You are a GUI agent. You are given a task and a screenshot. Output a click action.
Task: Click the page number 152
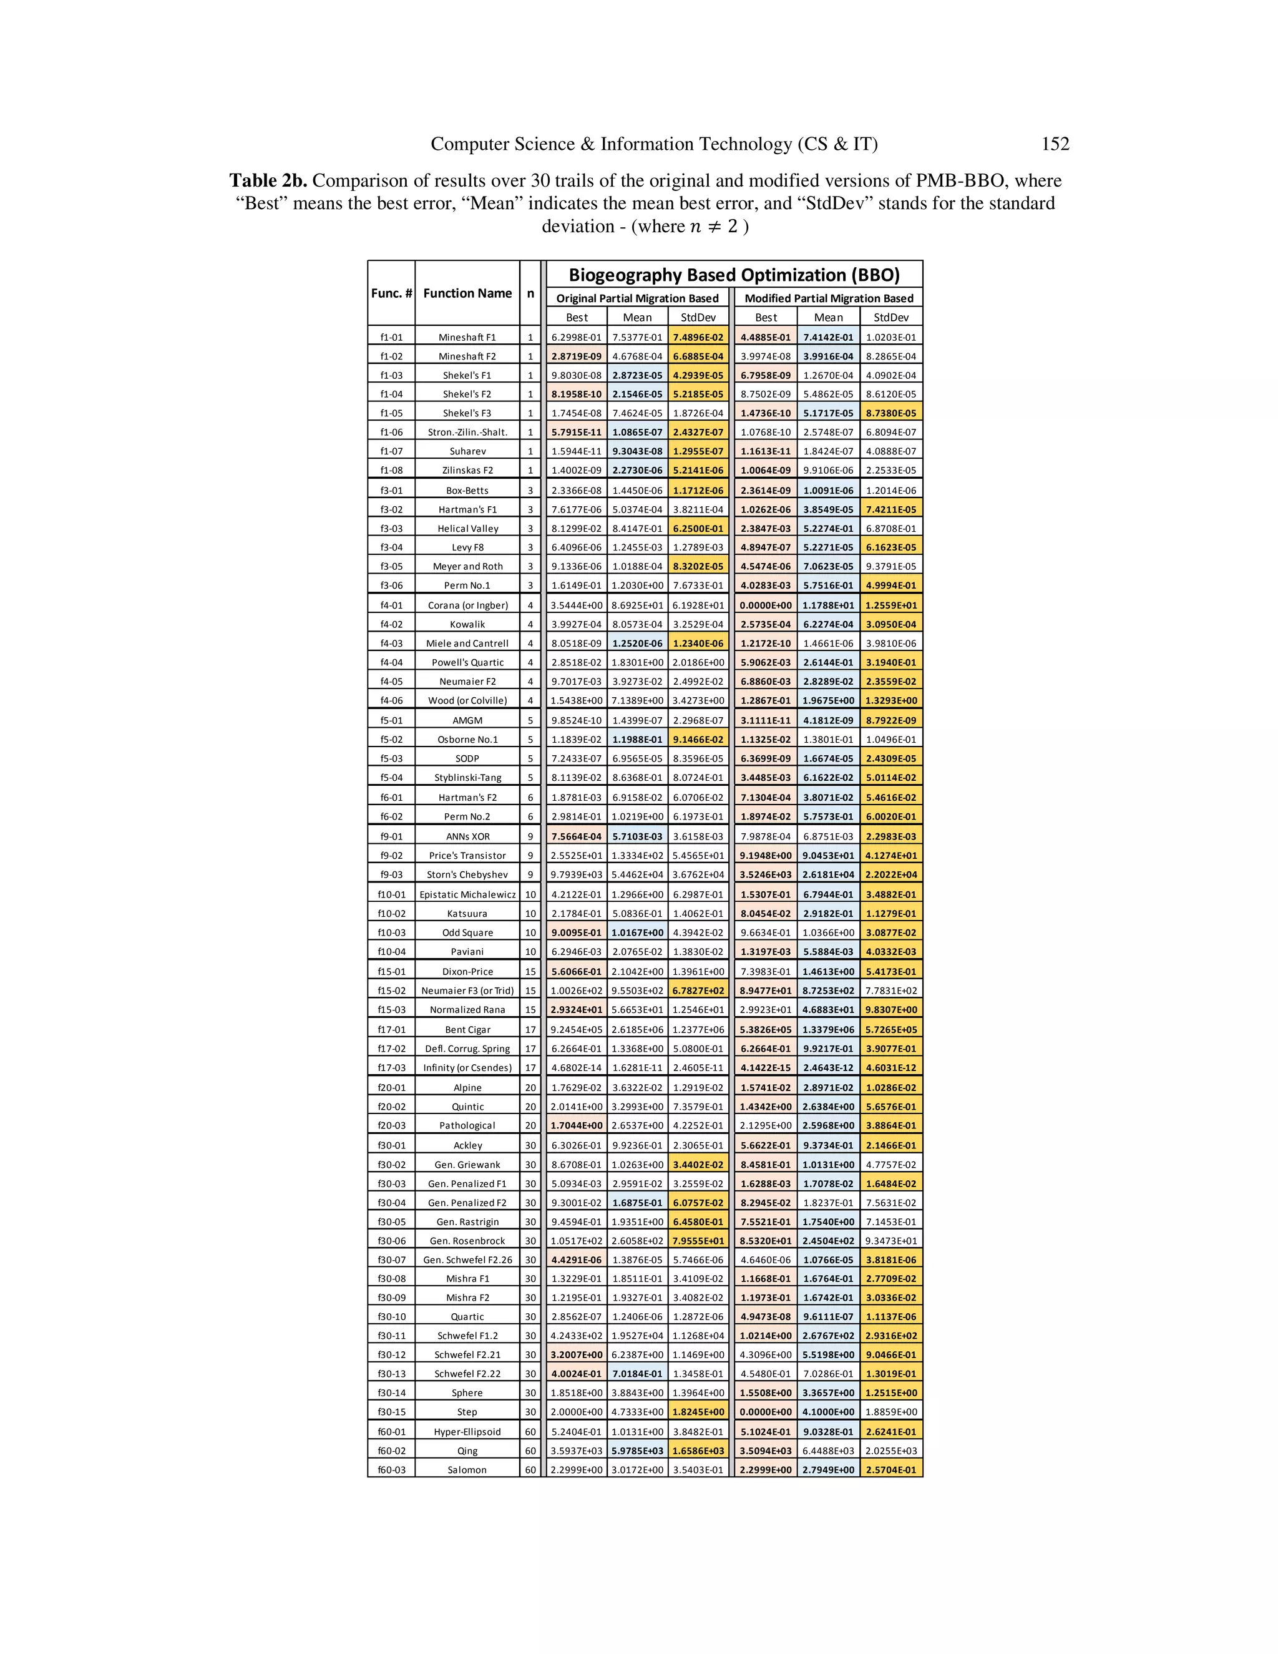(x=1055, y=144)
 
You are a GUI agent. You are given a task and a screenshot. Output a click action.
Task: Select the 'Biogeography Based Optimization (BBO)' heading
(x=734, y=274)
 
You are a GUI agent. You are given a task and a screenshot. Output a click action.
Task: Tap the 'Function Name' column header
(x=467, y=293)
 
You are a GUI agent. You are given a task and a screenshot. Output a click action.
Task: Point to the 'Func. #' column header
(x=391, y=293)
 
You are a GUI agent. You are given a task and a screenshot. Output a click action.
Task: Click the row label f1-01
(x=391, y=338)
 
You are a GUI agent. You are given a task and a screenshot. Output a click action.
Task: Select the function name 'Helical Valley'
(x=467, y=529)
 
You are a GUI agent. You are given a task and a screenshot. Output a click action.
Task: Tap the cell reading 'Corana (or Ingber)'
(x=467, y=605)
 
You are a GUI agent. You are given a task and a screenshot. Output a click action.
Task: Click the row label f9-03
(x=391, y=874)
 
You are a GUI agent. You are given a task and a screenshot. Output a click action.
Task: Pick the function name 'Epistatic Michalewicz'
(x=467, y=894)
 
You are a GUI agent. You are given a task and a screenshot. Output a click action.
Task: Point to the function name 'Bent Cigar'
(x=467, y=1029)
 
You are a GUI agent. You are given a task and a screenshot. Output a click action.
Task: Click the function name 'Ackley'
(x=467, y=1145)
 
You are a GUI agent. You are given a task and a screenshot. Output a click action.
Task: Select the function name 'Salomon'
(x=467, y=1470)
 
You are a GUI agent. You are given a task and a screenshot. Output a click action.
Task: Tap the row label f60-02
(x=391, y=1451)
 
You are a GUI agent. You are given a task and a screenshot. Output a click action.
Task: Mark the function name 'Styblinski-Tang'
(x=467, y=778)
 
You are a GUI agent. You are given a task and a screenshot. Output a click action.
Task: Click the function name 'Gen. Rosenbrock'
(x=467, y=1241)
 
